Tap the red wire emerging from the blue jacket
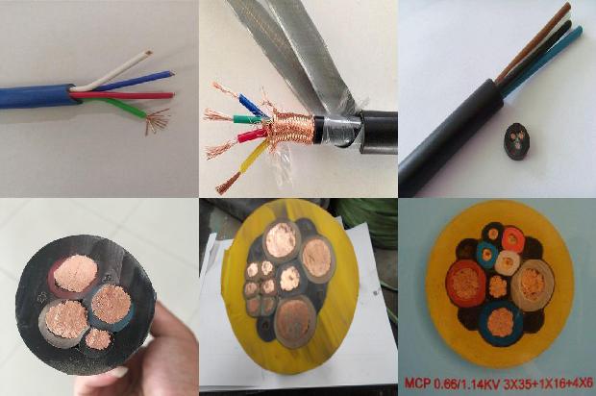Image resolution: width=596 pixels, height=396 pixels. (x=125, y=95)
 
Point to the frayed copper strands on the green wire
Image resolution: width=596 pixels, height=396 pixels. (x=157, y=121)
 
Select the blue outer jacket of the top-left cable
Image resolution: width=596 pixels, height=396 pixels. (x=37, y=97)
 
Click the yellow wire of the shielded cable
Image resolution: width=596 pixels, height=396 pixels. (x=243, y=163)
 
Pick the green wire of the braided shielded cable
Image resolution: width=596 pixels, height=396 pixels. (x=247, y=119)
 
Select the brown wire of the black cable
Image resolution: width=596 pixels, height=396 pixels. (x=533, y=41)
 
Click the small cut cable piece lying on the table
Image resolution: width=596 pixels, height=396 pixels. (x=516, y=141)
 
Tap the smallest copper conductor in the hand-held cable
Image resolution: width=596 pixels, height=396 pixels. (x=98, y=339)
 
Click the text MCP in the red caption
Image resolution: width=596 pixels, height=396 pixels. (x=416, y=382)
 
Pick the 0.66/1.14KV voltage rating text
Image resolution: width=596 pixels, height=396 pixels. (x=465, y=382)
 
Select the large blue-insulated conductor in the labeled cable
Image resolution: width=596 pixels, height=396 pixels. (x=501, y=324)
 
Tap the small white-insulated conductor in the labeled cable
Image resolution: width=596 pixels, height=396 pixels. (x=508, y=261)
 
